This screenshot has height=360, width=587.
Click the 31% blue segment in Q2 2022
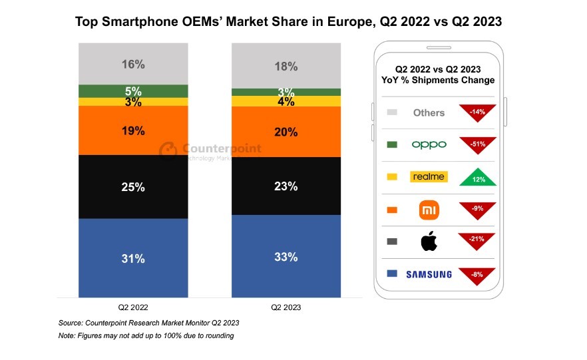point(133,258)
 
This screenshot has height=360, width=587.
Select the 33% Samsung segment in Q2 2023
point(286,256)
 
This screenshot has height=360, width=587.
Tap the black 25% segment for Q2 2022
point(133,187)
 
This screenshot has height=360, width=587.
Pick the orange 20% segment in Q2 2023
point(286,132)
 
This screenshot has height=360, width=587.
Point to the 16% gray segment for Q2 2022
point(133,65)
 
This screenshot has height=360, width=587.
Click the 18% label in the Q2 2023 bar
point(286,66)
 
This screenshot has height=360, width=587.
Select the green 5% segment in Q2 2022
point(133,91)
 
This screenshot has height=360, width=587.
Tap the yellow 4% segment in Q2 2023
point(286,101)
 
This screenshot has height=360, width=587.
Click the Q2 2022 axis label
point(133,307)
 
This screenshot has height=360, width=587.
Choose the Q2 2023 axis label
point(286,307)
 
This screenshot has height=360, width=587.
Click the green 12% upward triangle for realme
point(477,176)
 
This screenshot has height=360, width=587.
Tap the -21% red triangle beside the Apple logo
point(477,240)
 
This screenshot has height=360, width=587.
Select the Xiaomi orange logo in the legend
point(429,210)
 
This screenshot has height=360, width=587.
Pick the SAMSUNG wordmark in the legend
point(429,274)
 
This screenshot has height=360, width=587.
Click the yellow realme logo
point(429,177)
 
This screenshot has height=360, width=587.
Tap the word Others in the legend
point(429,112)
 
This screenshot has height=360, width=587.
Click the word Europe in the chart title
point(352,22)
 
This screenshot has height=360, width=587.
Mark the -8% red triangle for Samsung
point(477,273)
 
